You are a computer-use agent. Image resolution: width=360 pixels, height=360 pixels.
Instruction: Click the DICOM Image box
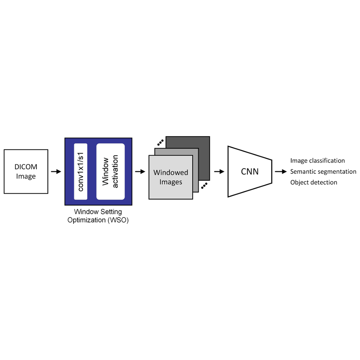pos(26,172)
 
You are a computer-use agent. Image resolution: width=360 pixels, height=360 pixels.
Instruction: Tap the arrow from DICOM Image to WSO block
pos(56,172)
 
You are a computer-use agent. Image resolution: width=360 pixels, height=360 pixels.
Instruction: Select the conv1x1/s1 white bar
pos(81,172)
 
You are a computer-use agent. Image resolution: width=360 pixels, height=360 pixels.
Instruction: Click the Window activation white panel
pos(110,172)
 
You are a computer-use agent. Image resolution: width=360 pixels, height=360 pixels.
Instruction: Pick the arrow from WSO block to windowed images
pos(140,172)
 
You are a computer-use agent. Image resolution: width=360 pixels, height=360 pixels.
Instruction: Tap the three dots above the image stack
pos(160,142)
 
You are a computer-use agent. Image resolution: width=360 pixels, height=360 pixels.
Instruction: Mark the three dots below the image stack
pos(204,186)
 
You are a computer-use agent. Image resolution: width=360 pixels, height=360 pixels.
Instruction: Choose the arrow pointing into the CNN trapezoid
pos(219,172)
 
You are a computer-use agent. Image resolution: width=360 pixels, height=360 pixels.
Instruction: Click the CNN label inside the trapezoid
pos(249,171)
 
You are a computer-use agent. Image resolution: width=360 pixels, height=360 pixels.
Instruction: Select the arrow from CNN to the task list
pos(281,172)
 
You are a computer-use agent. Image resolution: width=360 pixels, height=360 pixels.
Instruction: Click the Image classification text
pos(318,161)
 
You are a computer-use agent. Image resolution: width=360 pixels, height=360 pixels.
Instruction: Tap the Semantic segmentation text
pos(323,172)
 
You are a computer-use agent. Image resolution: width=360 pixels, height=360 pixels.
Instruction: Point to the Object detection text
pos(314,183)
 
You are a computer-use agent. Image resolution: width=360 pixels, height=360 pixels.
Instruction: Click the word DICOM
pos(26,167)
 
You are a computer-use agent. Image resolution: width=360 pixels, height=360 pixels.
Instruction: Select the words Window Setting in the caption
pos(98,212)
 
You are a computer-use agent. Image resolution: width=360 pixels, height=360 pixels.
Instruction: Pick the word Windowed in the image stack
pos(171,173)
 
